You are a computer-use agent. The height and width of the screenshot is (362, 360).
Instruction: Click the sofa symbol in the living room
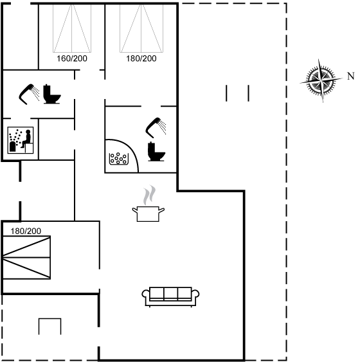pyautogui.click(x=170, y=296)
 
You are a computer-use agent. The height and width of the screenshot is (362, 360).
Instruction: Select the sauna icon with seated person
pyautogui.click(x=21, y=140)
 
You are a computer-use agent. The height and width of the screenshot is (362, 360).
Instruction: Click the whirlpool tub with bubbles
pyautogui.click(x=119, y=159)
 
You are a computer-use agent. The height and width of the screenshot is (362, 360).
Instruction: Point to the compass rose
pyautogui.click(x=321, y=80)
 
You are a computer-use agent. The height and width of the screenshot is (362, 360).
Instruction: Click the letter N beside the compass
pyautogui.click(x=351, y=76)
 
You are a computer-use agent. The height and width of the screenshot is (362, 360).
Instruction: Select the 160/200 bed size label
pyautogui.click(x=72, y=59)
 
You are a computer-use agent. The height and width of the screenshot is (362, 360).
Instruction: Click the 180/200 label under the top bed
pyautogui.click(x=141, y=59)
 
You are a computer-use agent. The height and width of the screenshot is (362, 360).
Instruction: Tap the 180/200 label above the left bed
pyautogui.click(x=26, y=231)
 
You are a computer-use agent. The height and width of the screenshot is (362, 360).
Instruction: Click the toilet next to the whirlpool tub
pyautogui.click(x=156, y=152)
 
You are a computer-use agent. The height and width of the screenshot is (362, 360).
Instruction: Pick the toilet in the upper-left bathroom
pyautogui.click(x=52, y=94)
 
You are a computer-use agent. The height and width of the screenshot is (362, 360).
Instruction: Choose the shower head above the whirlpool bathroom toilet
pyautogui.click(x=156, y=128)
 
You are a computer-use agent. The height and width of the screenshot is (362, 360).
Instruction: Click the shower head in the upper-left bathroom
pyautogui.click(x=30, y=94)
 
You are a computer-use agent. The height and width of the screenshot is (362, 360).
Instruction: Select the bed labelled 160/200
pyautogui.click(x=72, y=28)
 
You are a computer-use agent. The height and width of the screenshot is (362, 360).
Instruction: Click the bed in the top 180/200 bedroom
pyautogui.click(x=141, y=28)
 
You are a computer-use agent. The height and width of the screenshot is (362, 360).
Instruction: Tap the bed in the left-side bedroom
pyautogui.click(x=26, y=257)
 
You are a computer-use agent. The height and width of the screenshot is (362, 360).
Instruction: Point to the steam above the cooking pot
pyautogui.click(x=149, y=195)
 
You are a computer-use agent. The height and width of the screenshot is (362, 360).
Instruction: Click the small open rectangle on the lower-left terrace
pyautogui.click(x=50, y=327)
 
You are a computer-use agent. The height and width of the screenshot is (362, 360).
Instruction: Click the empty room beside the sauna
pyautogui.click(x=57, y=140)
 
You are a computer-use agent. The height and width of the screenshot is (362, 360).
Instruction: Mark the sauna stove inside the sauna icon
pyautogui.click(x=13, y=147)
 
